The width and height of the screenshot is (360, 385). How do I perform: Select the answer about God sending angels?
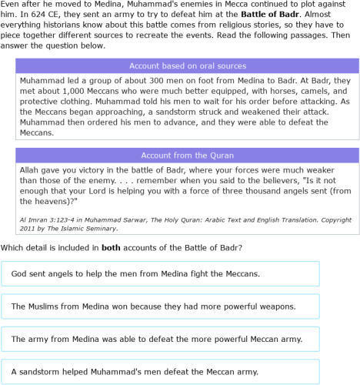point(160,274)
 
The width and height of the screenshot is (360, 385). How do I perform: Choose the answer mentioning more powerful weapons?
point(160,306)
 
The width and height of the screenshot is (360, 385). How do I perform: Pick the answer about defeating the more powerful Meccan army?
point(160,339)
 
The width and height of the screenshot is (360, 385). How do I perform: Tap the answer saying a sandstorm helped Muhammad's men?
point(160,372)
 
